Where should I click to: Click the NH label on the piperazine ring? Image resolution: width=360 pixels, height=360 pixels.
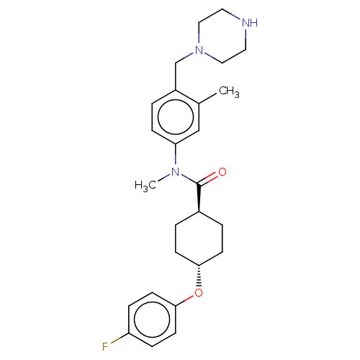tap(250, 23)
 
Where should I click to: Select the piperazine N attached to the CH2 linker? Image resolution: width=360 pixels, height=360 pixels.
tap(199, 50)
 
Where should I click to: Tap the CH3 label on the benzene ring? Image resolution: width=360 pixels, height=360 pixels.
tap(229, 91)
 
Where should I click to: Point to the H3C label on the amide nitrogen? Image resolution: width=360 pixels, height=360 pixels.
tap(145, 186)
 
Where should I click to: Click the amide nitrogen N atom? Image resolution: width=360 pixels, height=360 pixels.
tap(176, 172)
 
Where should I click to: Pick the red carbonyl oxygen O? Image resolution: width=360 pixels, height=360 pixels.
tap(222, 172)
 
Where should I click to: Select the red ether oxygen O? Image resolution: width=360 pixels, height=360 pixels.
tap(199, 293)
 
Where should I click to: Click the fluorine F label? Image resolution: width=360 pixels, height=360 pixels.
tap(105, 347)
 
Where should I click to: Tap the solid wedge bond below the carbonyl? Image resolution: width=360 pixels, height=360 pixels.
tap(199, 198)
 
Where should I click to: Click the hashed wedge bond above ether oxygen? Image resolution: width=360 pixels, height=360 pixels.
tap(199, 276)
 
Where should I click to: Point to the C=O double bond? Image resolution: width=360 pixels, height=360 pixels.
tap(208, 179)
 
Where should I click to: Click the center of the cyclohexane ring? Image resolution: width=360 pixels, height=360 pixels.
tap(199, 238)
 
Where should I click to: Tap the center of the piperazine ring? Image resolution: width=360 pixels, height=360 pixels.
tap(222, 36)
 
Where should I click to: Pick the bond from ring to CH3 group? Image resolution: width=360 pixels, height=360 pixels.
tap(207, 99)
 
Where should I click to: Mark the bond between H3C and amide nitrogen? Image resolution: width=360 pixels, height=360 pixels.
tap(163, 179)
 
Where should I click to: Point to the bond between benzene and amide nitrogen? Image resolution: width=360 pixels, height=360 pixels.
tap(176, 154)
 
